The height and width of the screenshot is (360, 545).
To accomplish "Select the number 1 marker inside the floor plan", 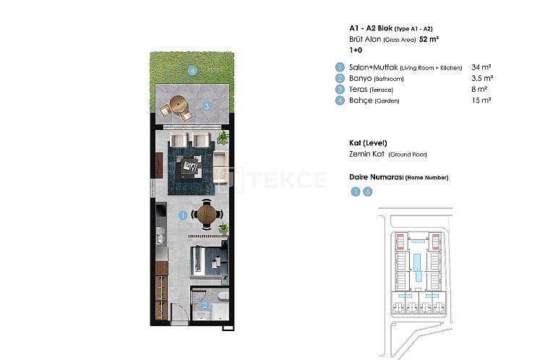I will tap(183, 215).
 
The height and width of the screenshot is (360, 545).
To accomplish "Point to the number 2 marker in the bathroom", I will tap(205, 305).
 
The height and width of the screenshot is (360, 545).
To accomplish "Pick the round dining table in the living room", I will tap(207, 214).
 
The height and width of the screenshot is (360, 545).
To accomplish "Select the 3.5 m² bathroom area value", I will tap(481, 78).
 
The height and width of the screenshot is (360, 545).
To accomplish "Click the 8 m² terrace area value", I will tap(479, 89).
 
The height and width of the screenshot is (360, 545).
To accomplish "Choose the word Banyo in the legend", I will tap(361, 78).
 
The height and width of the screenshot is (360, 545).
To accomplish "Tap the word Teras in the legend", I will tap(359, 89).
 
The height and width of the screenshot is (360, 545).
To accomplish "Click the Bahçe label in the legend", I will tap(361, 100).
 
